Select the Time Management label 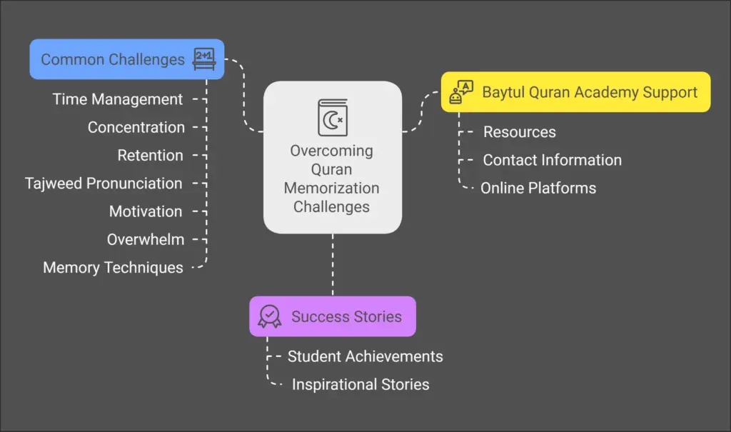[118, 99]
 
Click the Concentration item [136, 127]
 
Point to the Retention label [150, 155]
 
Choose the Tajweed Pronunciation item [104, 184]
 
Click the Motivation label [145, 211]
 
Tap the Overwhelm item [145, 239]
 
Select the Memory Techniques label [113, 268]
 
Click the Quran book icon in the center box [332, 117]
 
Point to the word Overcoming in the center [331, 151]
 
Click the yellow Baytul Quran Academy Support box [575, 92]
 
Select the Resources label [519, 132]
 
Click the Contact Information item [552, 160]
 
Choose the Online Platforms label [538, 189]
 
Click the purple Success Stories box [332, 316]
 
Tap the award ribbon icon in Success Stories [270, 316]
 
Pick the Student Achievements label [365, 356]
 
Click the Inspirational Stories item [361, 385]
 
